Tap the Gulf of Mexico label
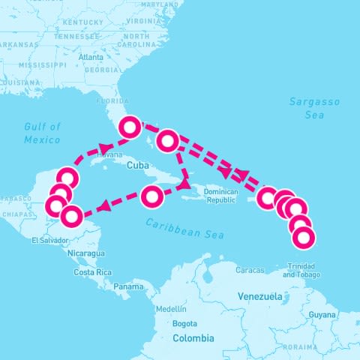[x=42, y=133]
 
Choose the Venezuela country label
[x=258, y=296]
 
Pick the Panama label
[x=128, y=286]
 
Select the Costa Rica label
[x=93, y=272]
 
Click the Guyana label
[x=323, y=314]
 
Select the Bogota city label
[x=184, y=324]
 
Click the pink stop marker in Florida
[x=130, y=127]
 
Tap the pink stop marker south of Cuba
[x=152, y=197]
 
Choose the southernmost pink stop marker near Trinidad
[x=304, y=238]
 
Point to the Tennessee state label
[x=77, y=36]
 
